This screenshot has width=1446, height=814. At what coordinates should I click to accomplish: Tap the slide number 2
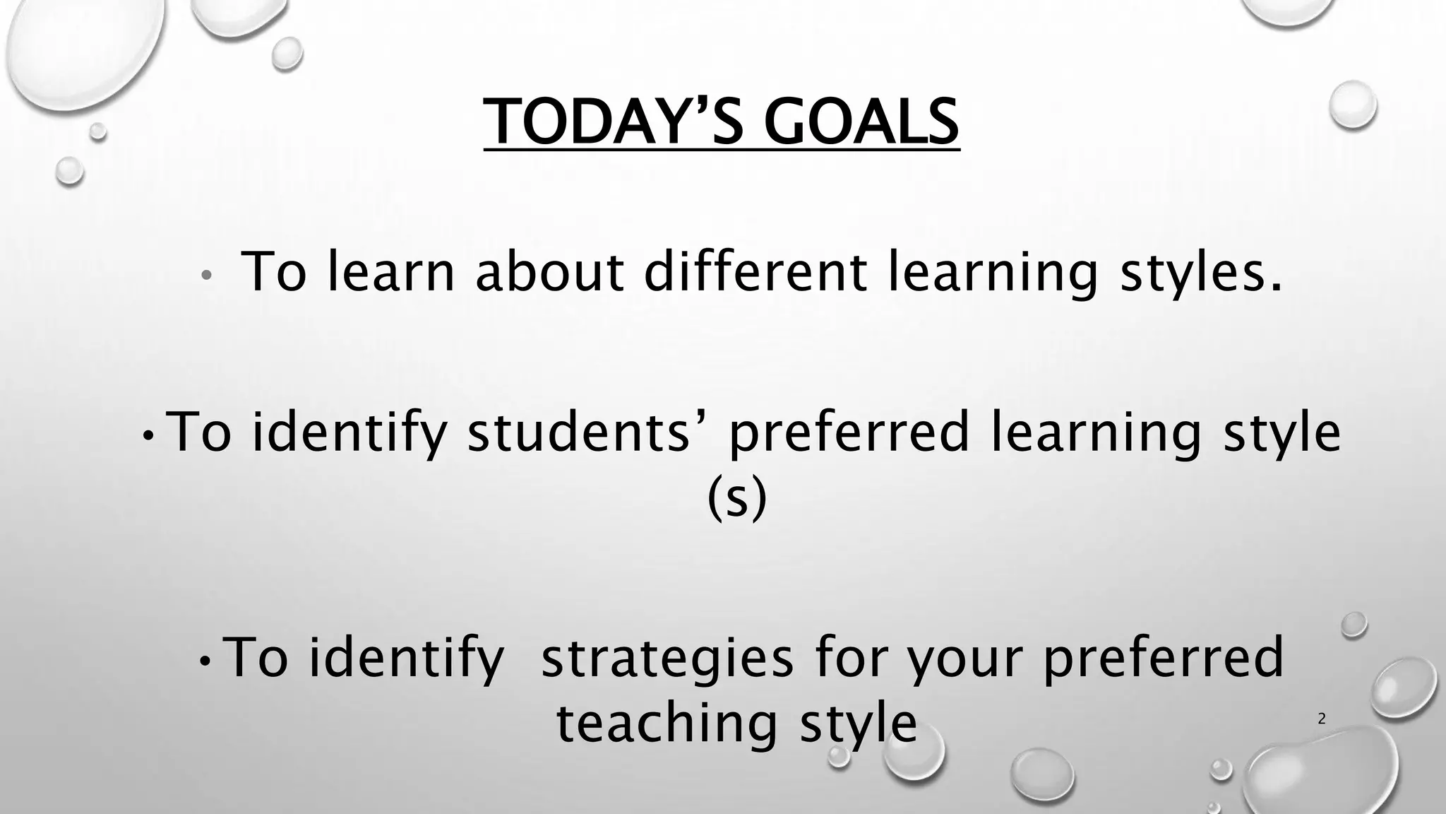(x=1322, y=719)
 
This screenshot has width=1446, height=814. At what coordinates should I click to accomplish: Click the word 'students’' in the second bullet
(x=578, y=432)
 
